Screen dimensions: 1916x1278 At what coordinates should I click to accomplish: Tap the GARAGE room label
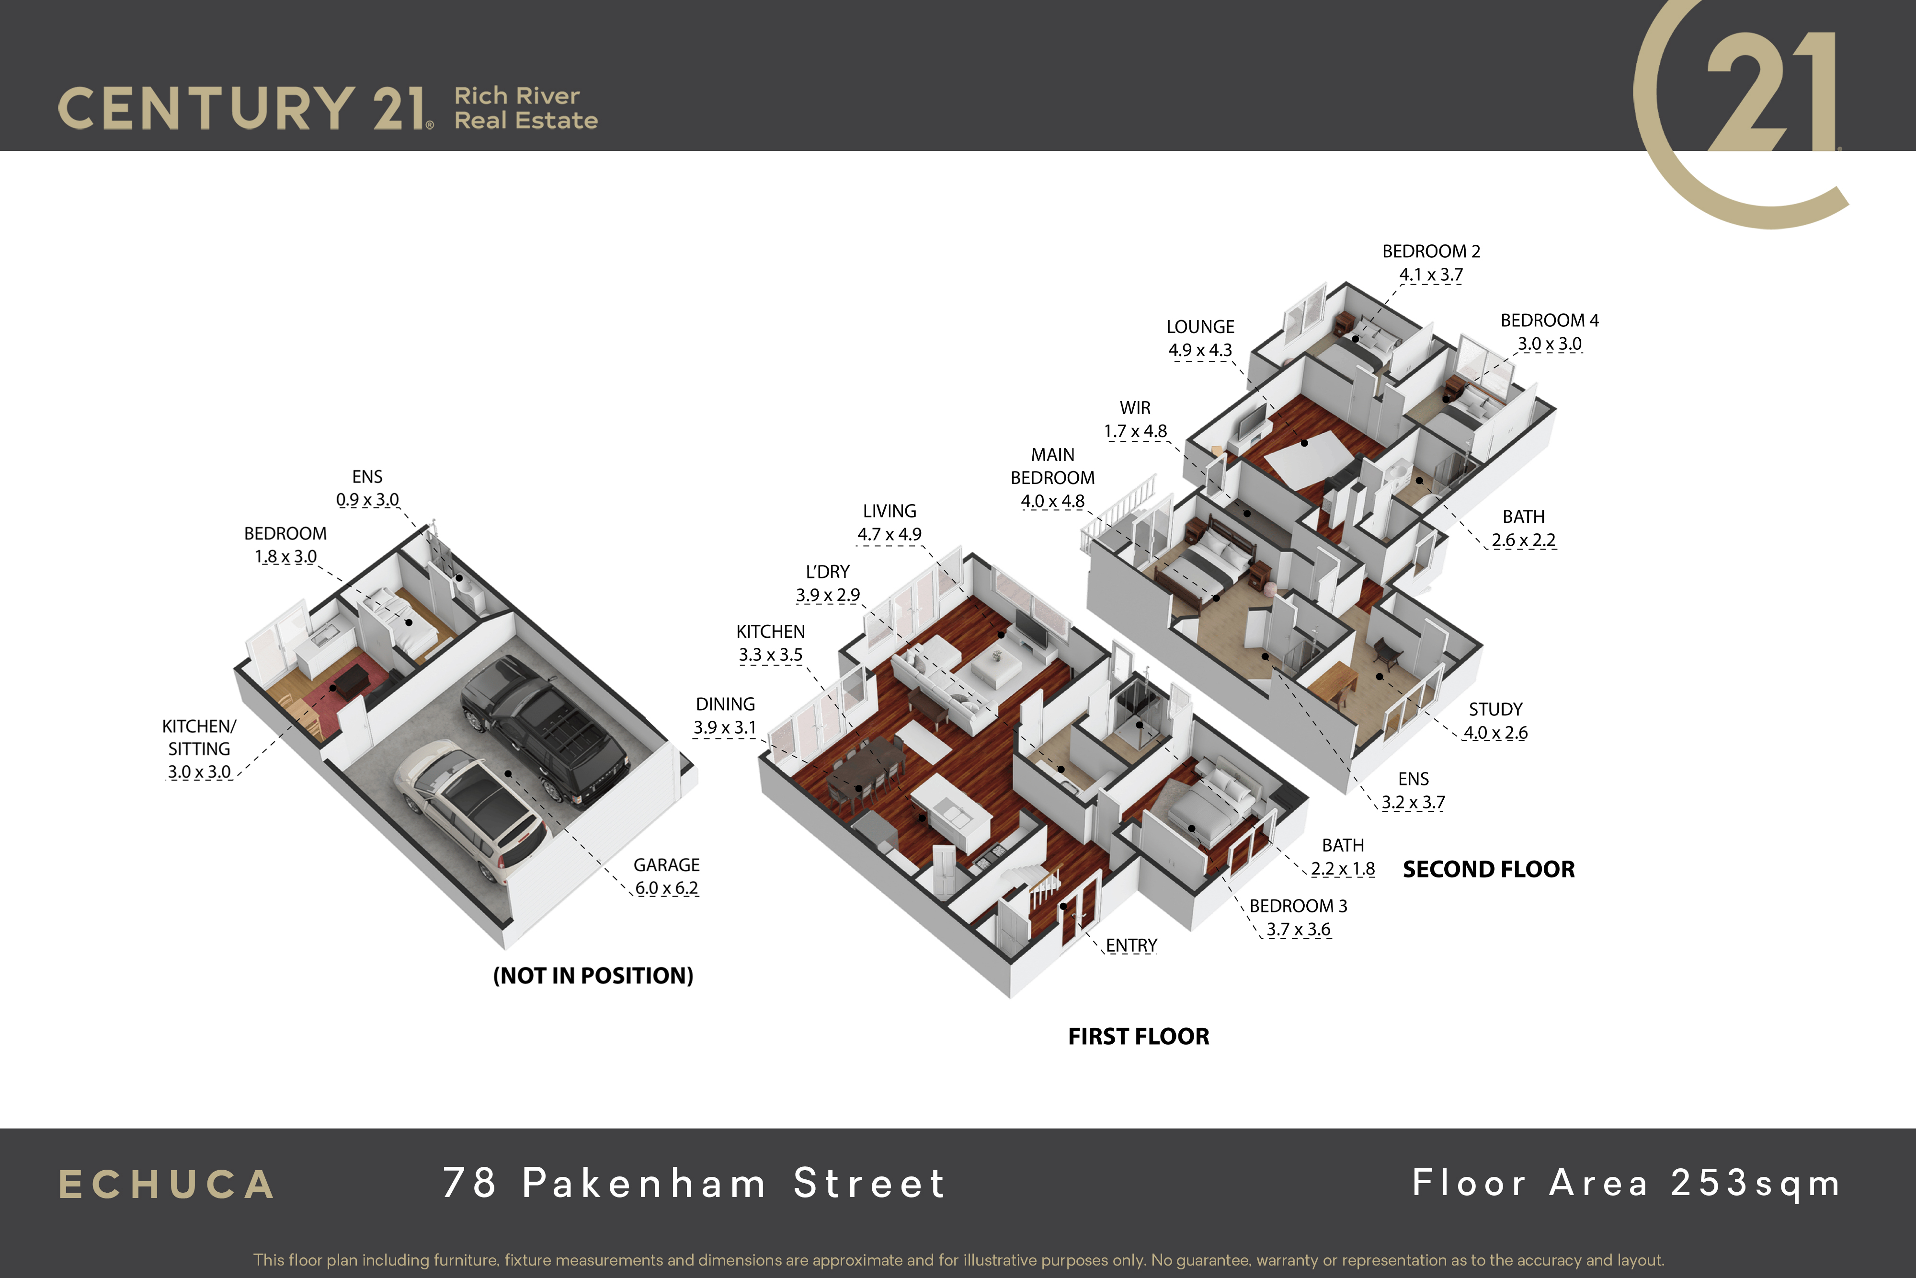(666, 865)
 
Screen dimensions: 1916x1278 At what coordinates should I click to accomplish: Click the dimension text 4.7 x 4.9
(890, 535)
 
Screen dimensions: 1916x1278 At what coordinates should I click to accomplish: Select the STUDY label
(1495, 709)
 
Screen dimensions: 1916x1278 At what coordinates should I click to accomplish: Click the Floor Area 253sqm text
(1626, 1184)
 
